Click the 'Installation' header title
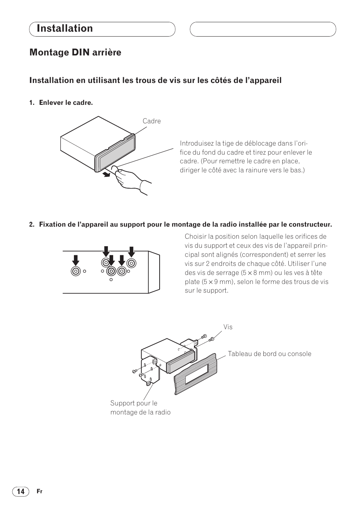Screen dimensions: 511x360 tap(65, 29)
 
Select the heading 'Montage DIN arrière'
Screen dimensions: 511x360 tap(75, 52)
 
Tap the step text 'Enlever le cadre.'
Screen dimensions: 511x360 tap(66, 103)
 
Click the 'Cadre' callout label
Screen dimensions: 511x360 tap(152, 121)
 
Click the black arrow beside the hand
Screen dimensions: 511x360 tap(108, 174)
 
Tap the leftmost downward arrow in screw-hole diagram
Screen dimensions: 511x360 tap(76, 260)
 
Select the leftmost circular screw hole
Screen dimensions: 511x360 tap(76, 271)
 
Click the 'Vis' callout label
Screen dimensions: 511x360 tap(228, 327)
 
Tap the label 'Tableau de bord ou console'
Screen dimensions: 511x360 tap(269, 354)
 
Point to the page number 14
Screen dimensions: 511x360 tap(21, 491)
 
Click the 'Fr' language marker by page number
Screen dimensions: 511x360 tap(40, 492)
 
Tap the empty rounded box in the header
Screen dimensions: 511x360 tap(263, 29)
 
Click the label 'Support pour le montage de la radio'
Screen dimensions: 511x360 tap(140, 408)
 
